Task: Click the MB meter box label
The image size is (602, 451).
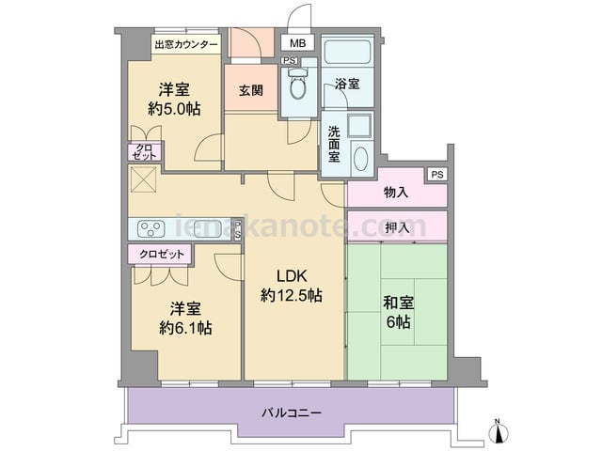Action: pyautogui.click(x=297, y=43)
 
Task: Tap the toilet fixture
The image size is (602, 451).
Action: pyautogui.click(x=297, y=85)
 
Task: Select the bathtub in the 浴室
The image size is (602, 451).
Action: pyautogui.click(x=347, y=51)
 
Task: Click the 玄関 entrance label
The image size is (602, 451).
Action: pyautogui.click(x=251, y=90)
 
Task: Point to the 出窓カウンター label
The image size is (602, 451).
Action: pyautogui.click(x=186, y=45)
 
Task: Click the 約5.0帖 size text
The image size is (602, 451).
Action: pyautogui.click(x=174, y=109)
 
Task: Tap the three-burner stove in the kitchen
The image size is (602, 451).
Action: pyautogui.click(x=150, y=229)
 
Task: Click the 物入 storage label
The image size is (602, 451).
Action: pyautogui.click(x=396, y=193)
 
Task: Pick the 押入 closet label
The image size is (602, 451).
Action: pyautogui.click(x=397, y=227)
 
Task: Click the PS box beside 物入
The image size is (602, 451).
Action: pyautogui.click(x=437, y=175)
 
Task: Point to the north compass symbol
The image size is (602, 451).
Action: pyautogui.click(x=498, y=431)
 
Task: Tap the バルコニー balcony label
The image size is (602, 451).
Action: pyautogui.click(x=292, y=413)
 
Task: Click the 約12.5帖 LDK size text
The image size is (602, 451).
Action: pyautogui.click(x=292, y=295)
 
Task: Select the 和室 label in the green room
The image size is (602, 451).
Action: pyautogui.click(x=399, y=303)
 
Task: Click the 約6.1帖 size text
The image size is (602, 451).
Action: pyautogui.click(x=186, y=328)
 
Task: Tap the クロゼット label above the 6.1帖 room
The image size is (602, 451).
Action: pyautogui.click(x=162, y=254)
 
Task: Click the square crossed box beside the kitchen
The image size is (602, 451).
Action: pyautogui.click(x=143, y=179)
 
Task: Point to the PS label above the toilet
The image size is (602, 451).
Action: pyautogui.click(x=290, y=60)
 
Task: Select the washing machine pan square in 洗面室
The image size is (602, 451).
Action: pyautogui.click(x=360, y=125)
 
